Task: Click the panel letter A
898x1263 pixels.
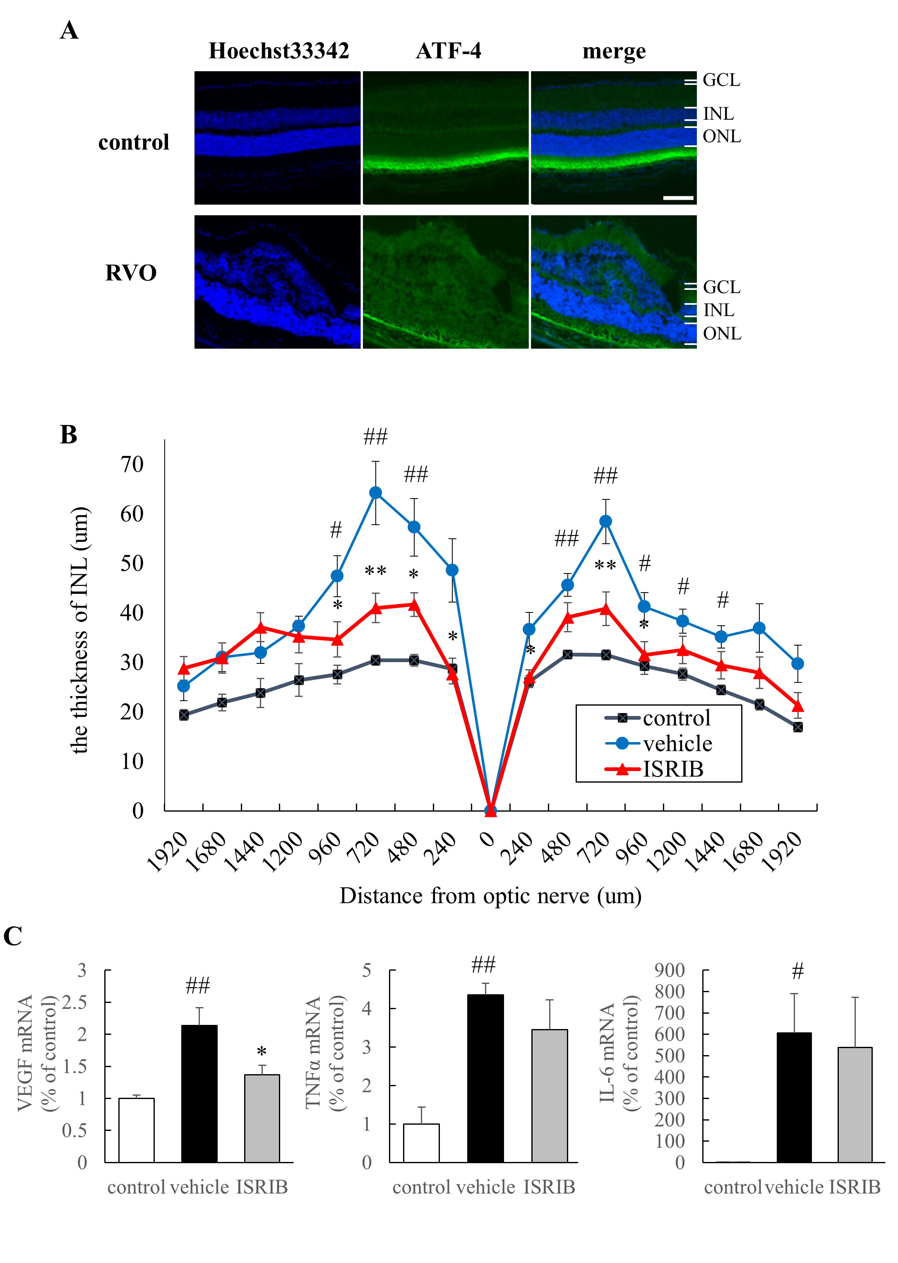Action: coord(69,30)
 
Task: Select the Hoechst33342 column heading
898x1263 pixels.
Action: coord(278,51)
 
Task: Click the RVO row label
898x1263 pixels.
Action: coord(131,273)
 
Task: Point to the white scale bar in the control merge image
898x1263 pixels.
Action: coord(678,198)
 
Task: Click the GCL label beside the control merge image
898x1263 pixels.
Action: coord(721,80)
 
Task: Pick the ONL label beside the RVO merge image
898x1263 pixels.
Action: coord(722,334)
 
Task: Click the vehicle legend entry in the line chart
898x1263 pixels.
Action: coord(677,744)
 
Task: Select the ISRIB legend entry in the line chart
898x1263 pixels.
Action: coord(672,769)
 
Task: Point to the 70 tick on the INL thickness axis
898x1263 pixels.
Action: coord(132,464)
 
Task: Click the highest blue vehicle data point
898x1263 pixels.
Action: coord(375,493)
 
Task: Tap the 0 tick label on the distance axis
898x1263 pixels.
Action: coord(487,839)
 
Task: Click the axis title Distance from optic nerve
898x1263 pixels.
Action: coord(490,896)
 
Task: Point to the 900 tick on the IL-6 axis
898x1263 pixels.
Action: coord(669,970)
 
